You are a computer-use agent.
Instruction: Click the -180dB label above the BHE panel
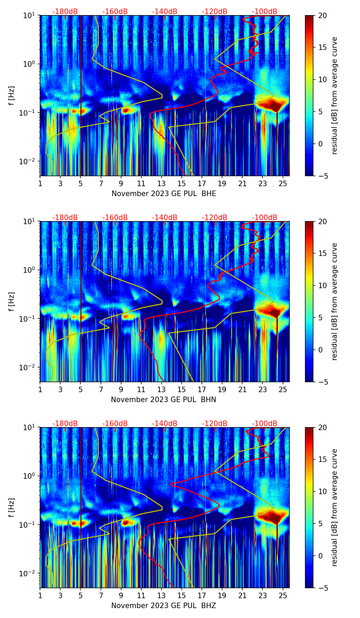tap(65, 12)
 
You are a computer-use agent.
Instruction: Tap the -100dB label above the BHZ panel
tap(265, 424)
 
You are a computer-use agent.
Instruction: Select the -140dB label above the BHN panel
tap(165, 218)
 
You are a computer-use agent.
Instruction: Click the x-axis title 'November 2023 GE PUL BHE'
tap(164, 194)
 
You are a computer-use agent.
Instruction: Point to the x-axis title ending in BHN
tap(164, 400)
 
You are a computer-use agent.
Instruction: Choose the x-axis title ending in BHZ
tap(164, 606)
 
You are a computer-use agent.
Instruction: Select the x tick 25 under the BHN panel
tap(283, 389)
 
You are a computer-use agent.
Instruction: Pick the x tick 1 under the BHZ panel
tap(40, 595)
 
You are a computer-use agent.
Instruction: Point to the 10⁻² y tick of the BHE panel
tap(30, 162)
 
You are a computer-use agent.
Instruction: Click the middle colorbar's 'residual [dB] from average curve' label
tap(335, 301)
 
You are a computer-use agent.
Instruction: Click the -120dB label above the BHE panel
tap(215, 12)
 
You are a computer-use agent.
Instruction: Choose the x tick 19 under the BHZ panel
tap(222, 595)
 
